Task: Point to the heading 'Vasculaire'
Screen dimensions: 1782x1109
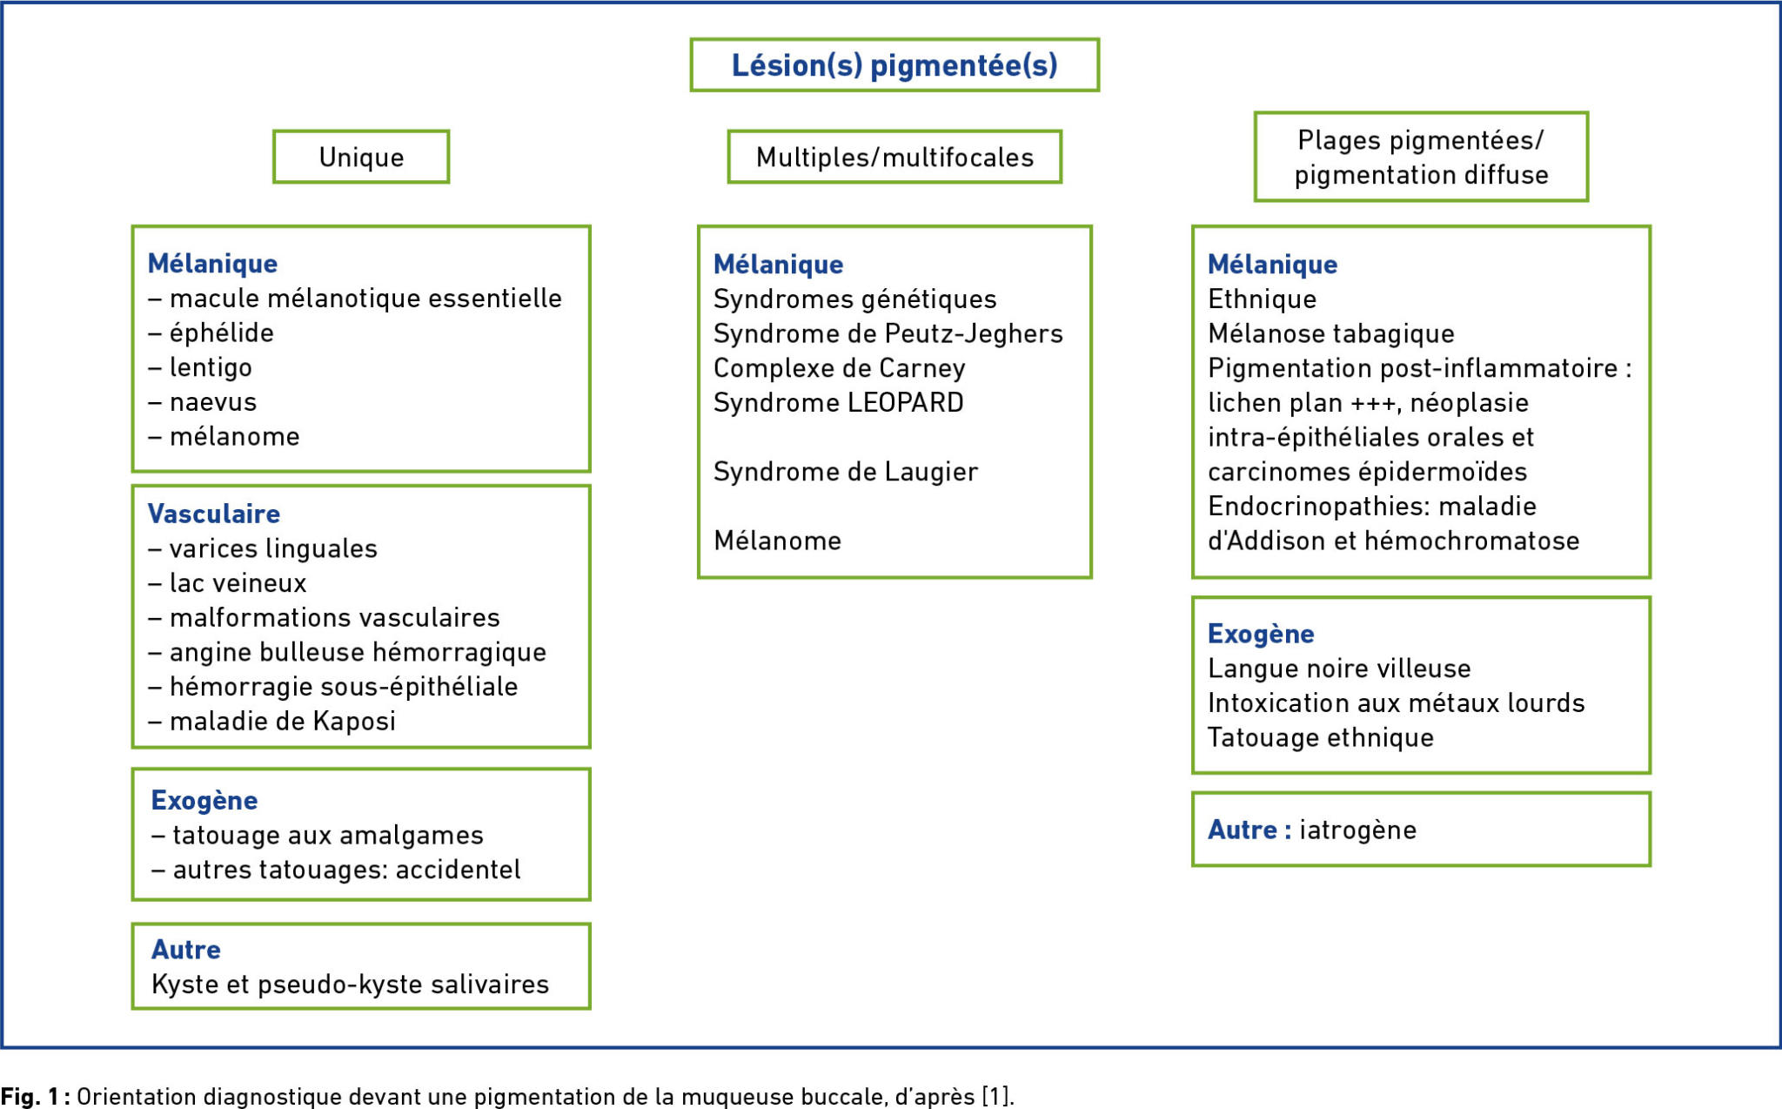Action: (x=214, y=514)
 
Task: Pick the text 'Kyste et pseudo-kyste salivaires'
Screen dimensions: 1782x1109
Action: (x=351, y=984)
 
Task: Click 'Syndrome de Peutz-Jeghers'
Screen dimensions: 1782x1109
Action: (x=888, y=333)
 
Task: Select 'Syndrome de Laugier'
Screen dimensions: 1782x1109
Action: (x=846, y=471)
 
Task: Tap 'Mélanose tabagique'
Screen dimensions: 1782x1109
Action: (x=1331, y=333)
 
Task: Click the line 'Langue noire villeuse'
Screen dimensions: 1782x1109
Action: (x=1339, y=668)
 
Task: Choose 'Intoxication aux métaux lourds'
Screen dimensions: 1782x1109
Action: (x=1397, y=702)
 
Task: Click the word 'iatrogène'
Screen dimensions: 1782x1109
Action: (x=1358, y=830)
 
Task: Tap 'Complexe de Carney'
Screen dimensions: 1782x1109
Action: (x=840, y=368)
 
